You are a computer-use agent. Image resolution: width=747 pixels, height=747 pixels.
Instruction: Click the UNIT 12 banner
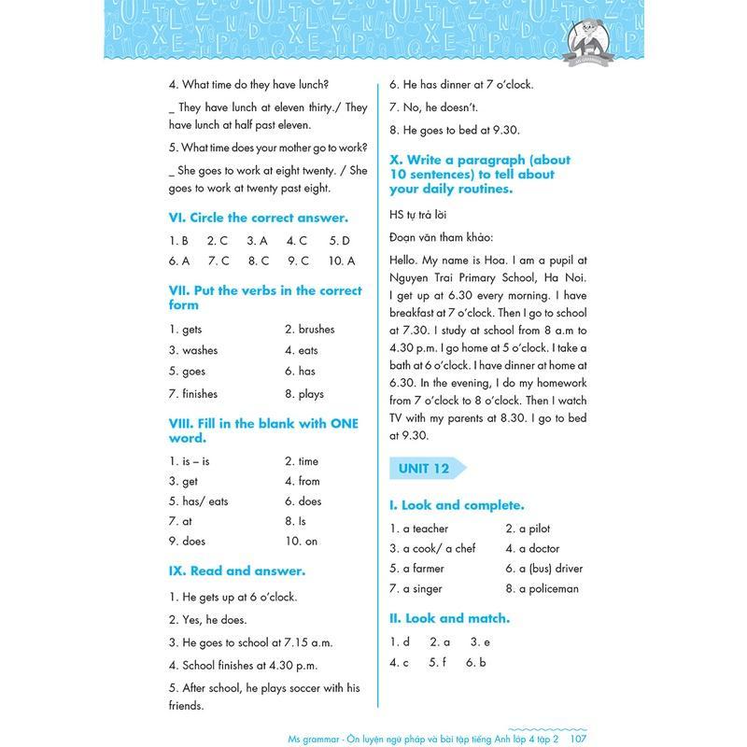click(x=426, y=468)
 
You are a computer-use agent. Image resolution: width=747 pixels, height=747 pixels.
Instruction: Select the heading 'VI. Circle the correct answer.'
click(x=259, y=218)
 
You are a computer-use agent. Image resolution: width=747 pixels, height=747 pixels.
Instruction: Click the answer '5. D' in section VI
click(x=340, y=240)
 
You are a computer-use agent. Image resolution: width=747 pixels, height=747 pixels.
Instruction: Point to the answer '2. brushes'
click(x=309, y=330)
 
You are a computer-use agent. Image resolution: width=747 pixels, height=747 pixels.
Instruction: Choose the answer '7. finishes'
click(x=193, y=394)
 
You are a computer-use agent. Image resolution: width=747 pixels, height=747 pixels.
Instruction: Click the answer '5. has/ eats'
click(x=199, y=501)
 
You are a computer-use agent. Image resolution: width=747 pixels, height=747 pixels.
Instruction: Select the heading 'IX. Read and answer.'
click(x=237, y=571)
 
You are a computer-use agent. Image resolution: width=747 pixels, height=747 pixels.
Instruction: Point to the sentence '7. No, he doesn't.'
click(x=433, y=107)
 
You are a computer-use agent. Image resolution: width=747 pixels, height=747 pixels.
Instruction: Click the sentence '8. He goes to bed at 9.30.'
click(x=454, y=130)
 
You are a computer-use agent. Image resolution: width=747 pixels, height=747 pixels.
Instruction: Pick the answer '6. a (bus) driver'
click(x=544, y=569)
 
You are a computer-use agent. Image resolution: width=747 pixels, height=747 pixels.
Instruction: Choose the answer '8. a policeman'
click(x=543, y=589)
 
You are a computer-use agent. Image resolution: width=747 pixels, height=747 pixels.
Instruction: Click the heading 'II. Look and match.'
click(x=449, y=618)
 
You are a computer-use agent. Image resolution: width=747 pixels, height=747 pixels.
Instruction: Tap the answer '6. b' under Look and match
click(x=476, y=663)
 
